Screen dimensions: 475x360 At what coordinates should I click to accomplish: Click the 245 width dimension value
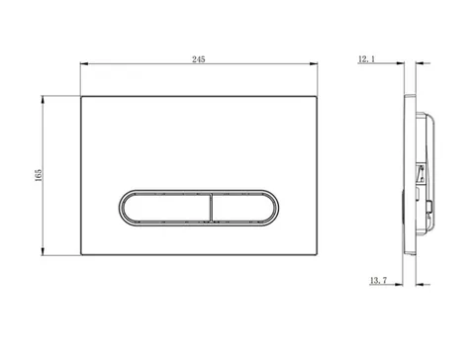click(199, 59)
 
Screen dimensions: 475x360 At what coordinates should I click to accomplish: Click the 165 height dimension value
click(39, 175)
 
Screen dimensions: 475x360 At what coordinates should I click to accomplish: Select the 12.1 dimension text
click(366, 59)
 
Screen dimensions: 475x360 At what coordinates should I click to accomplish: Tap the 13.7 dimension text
click(378, 281)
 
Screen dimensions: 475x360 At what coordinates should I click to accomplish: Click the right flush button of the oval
click(242, 208)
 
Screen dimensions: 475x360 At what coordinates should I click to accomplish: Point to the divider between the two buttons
click(211, 208)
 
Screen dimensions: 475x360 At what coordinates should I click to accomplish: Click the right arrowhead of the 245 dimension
click(314, 63)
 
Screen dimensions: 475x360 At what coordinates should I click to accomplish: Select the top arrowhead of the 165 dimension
click(43, 100)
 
